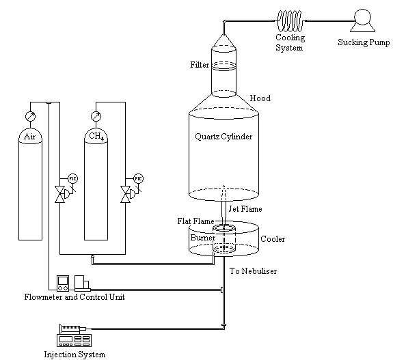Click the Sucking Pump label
[x=364, y=42]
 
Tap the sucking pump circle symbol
[x=362, y=17]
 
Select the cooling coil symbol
[x=290, y=20]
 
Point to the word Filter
[x=200, y=65]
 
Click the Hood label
[x=260, y=98]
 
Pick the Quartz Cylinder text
[x=223, y=137]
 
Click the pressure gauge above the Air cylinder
[x=30, y=116]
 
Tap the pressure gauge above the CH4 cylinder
[x=96, y=116]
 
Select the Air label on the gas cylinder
[x=30, y=137]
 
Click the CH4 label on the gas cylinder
[x=96, y=137]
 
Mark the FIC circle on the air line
[x=72, y=178]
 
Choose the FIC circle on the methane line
[x=138, y=178]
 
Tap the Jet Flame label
[x=245, y=209]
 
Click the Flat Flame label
[x=195, y=221]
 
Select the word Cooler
[x=273, y=239]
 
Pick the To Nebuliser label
[x=253, y=271]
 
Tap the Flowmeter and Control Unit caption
[x=74, y=297]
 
